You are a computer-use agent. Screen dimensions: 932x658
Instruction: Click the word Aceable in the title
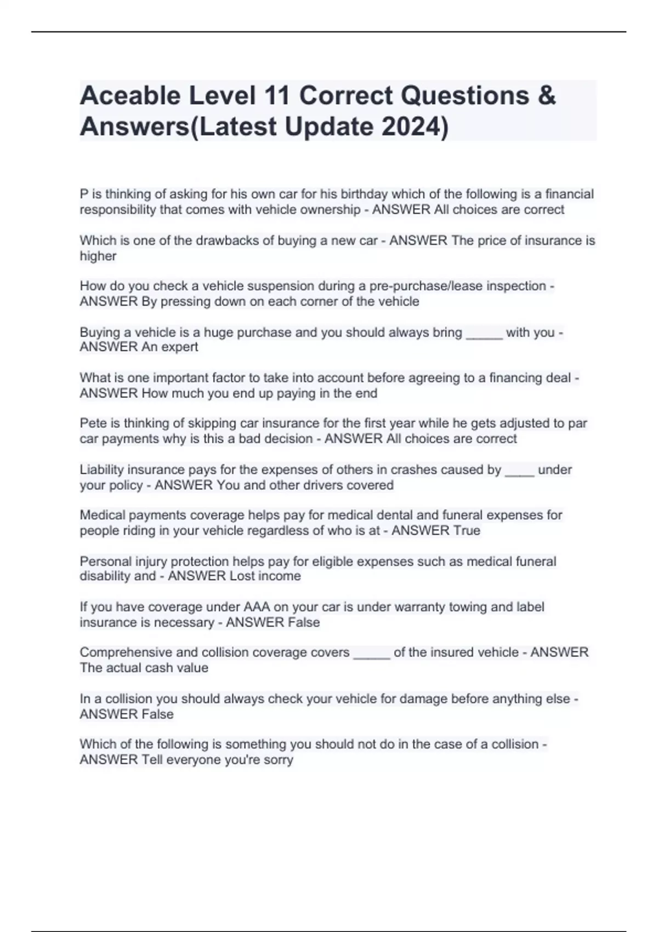click(x=130, y=96)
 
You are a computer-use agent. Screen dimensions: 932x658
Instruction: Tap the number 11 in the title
click(x=277, y=96)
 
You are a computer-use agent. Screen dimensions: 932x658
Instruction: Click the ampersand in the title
click(x=547, y=96)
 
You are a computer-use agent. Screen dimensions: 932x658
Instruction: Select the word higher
click(x=98, y=256)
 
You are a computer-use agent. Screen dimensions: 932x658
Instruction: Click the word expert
click(x=180, y=347)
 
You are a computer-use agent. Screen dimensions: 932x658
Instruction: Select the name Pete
click(x=92, y=423)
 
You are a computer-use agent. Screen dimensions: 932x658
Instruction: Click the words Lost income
click(x=265, y=576)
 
